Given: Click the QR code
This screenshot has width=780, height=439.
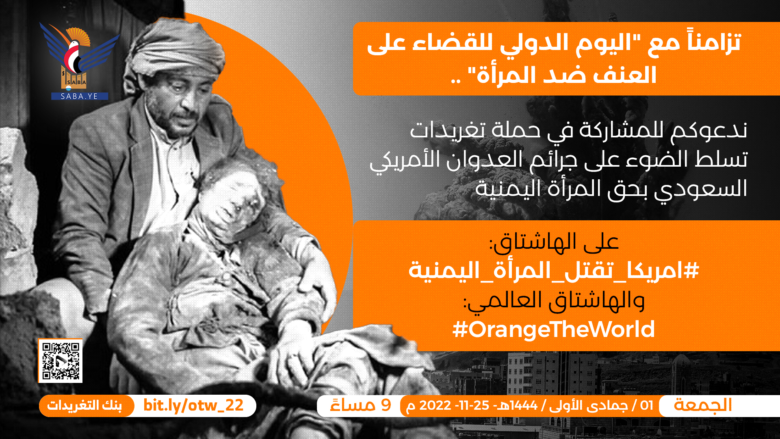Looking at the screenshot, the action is [x=61, y=361].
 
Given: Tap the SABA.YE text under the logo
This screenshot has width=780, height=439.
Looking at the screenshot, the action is [x=80, y=96].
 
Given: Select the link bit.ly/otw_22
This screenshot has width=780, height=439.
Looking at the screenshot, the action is [x=193, y=405].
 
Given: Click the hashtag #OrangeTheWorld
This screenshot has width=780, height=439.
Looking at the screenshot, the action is [x=553, y=329].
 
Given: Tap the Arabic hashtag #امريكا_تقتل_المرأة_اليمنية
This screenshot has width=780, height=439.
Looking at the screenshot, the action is [x=553, y=270].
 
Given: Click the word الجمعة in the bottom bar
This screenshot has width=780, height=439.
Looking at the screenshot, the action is [x=703, y=405].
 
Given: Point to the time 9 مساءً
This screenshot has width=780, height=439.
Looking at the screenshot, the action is [x=361, y=405].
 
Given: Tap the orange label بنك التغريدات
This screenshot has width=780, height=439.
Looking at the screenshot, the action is [x=84, y=406].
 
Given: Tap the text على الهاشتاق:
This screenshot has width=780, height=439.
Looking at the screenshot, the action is [x=554, y=242].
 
